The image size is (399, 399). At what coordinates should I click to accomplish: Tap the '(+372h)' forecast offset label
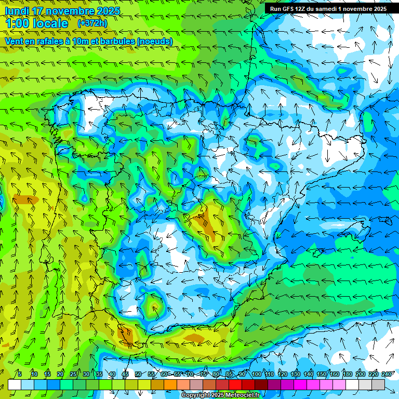click(92, 23)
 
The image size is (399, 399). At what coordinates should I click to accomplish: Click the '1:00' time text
click(19, 23)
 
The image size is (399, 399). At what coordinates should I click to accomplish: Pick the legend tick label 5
click(20, 374)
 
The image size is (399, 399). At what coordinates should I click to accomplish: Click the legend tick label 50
click(138, 374)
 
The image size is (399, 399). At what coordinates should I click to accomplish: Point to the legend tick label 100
click(256, 374)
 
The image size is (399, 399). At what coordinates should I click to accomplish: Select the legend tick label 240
click(387, 374)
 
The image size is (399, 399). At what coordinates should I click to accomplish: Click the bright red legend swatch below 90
click(236, 384)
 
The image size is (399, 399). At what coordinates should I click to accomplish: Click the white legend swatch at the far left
click(15, 384)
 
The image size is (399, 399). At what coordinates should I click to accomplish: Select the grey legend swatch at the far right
click(379, 384)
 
